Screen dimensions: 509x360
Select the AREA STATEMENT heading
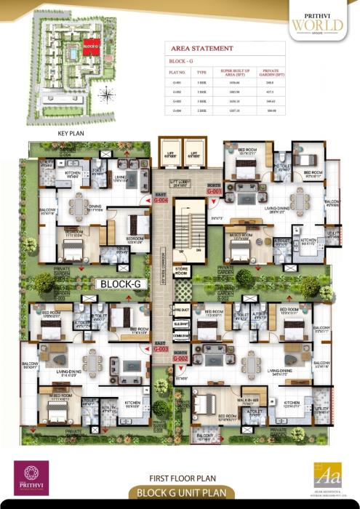tap(202, 49)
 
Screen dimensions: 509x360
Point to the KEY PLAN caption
tap(71, 135)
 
